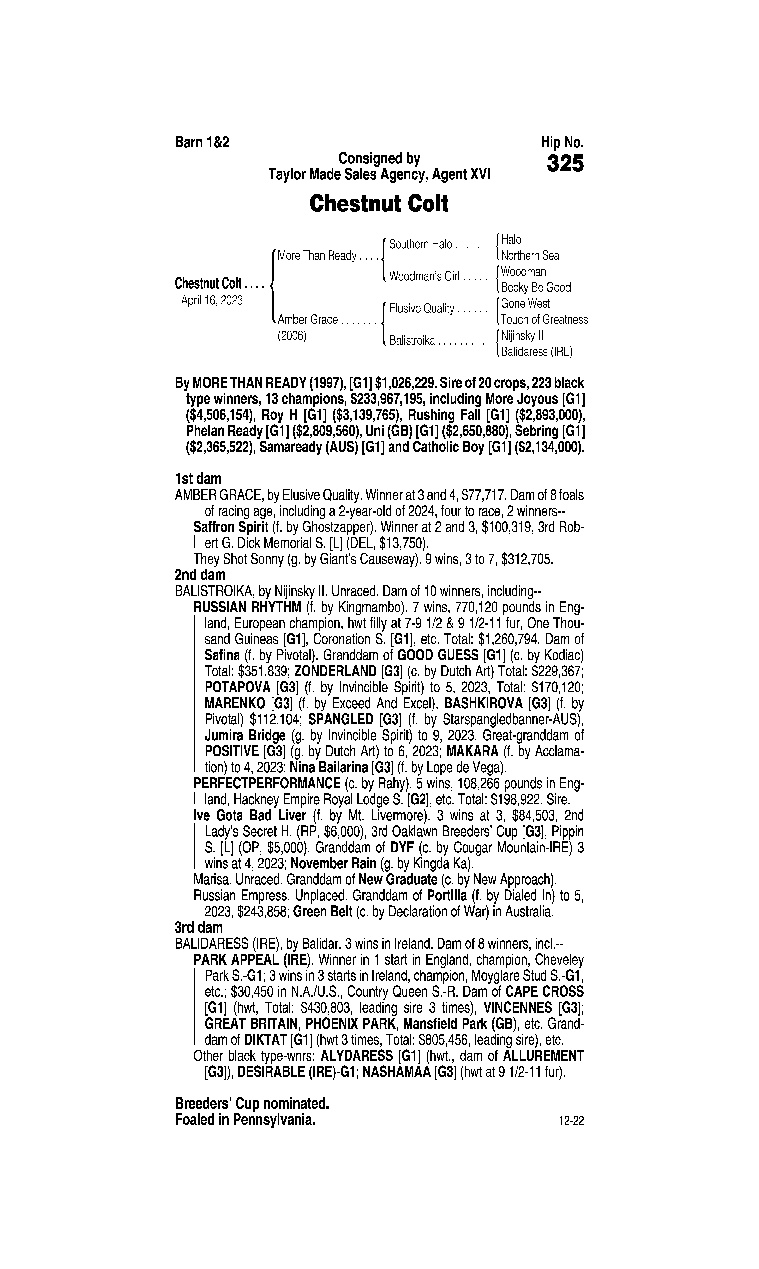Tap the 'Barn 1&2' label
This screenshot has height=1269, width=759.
tap(202, 142)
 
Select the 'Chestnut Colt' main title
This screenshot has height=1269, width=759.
tap(379, 204)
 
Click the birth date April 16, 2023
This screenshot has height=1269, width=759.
tap(212, 300)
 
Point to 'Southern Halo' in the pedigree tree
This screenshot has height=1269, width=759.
tap(420, 244)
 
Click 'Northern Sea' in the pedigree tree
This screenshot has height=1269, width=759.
tap(530, 256)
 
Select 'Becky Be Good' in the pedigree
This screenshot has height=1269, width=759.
tap(535, 287)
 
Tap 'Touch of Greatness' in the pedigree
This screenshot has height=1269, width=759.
tap(544, 320)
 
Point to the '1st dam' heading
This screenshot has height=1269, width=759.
tap(198, 479)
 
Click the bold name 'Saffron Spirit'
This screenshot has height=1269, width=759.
tap(231, 527)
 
